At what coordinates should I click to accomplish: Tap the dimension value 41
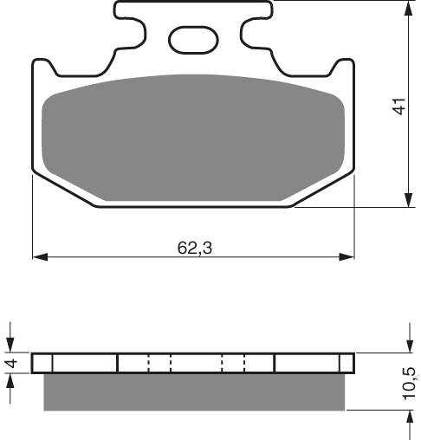399,108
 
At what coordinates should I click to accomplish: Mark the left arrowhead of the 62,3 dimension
39,257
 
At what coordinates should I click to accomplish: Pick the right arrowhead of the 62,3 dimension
347,257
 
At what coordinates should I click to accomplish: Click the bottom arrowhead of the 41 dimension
407,200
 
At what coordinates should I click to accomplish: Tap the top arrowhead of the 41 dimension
407,9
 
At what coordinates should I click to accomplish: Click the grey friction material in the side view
194,391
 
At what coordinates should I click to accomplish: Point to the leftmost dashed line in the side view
149,363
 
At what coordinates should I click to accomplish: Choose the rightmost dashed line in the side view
244,363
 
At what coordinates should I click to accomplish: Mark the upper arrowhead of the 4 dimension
11,346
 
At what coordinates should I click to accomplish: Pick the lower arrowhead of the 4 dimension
11,381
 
